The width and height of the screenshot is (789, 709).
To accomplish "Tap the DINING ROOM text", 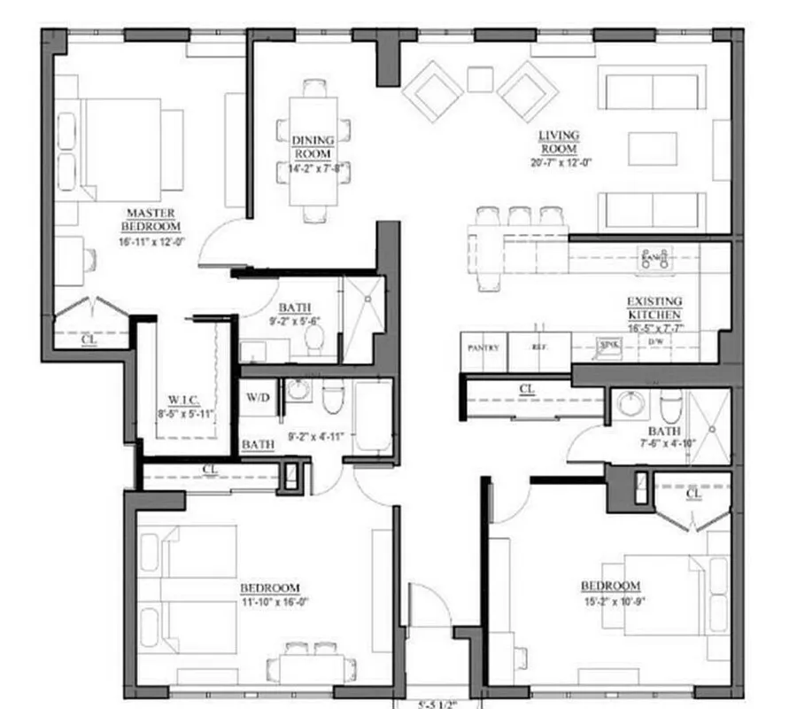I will (x=312, y=146).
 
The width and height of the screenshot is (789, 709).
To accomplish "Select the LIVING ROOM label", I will (x=559, y=142).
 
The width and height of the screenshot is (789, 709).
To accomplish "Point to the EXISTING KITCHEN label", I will (x=654, y=308).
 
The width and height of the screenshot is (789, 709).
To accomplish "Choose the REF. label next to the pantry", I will (x=539, y=347).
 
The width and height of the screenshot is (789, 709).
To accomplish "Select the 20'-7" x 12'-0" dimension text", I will (x=559, y=163).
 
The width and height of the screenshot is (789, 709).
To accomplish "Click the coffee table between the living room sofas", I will (x=652, y=148).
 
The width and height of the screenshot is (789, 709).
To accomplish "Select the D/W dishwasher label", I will (x=655, y=341).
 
